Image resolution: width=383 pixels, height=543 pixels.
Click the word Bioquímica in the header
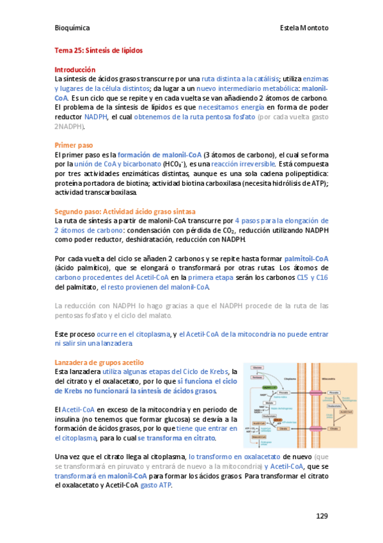[x=71, y=28]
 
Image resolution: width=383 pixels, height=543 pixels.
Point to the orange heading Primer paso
[x=74, y=145]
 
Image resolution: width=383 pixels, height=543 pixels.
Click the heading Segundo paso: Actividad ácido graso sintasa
[x=125, y=211]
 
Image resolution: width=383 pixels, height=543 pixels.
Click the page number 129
[x=322, y=515]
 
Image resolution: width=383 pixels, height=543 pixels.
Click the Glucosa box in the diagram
[x=257, y=367]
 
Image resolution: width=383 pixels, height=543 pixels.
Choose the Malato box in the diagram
[x=269, y=402]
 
